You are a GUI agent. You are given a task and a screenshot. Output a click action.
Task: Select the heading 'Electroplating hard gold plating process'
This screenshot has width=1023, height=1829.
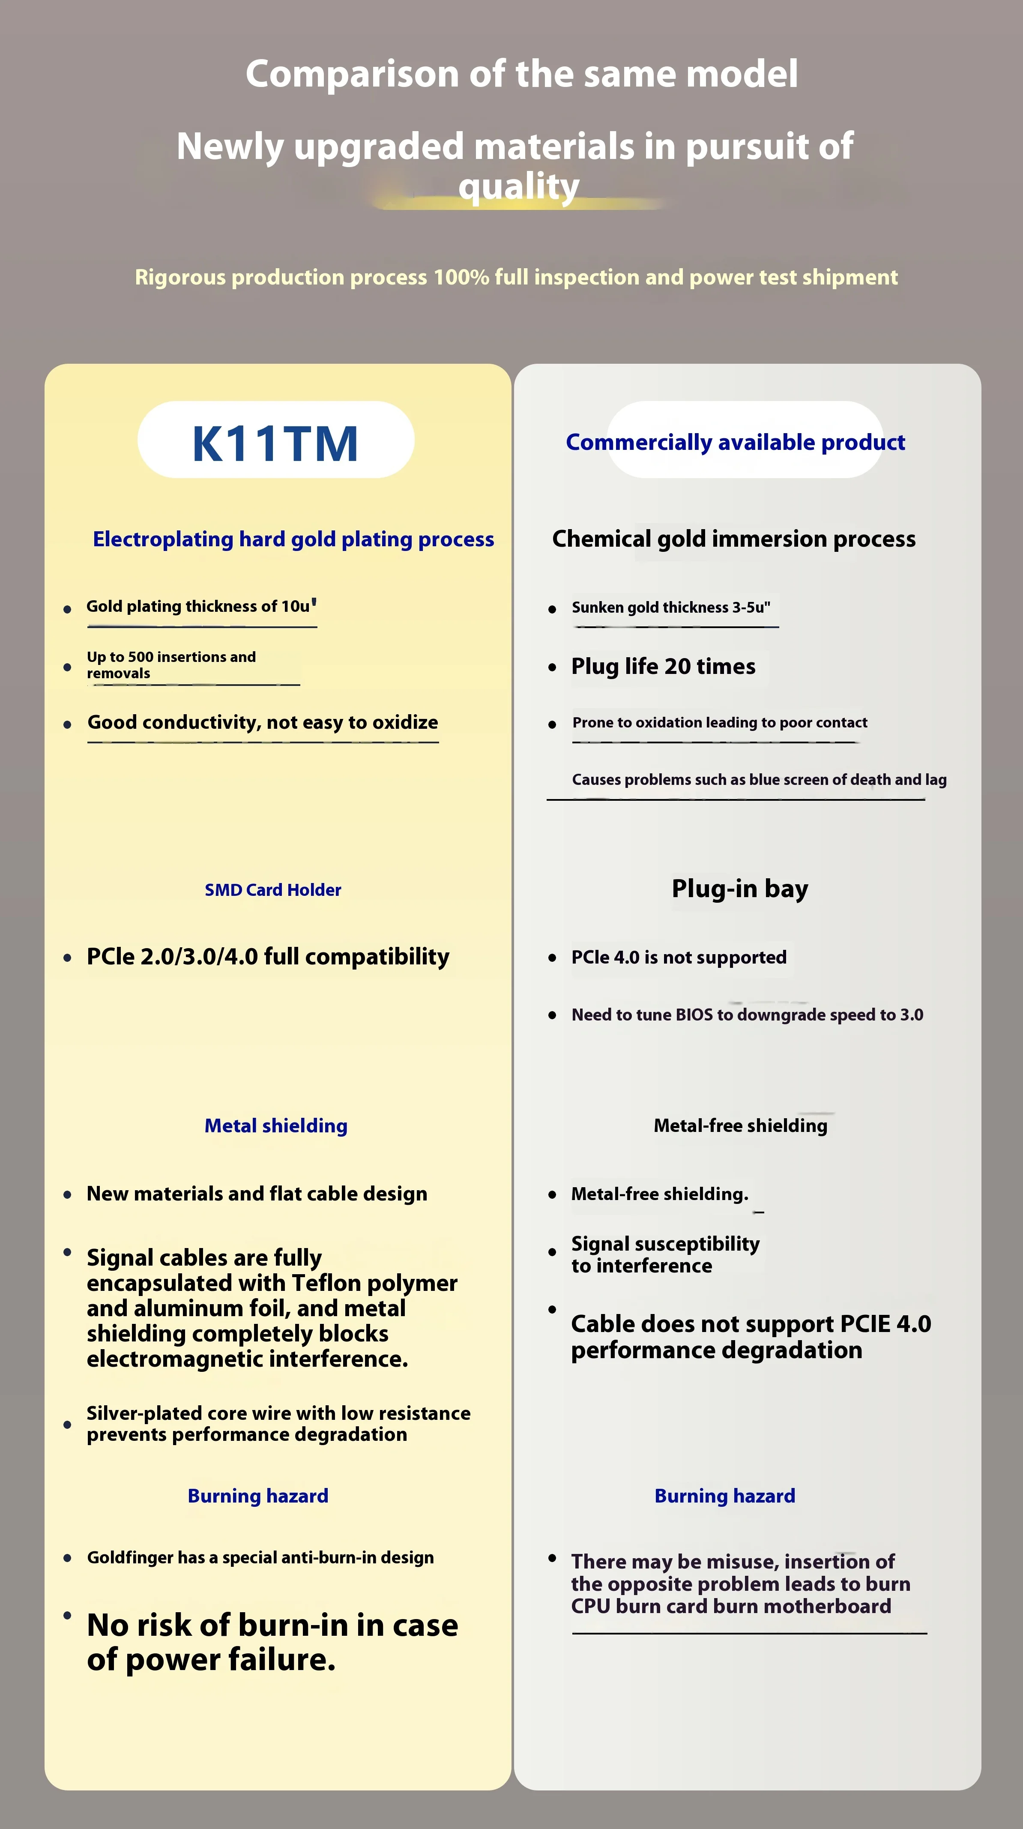(293, 539)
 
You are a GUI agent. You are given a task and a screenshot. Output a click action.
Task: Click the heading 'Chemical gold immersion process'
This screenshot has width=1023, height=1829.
(733, 539)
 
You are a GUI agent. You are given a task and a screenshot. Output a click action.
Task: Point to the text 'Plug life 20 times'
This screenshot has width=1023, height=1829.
(663, 667)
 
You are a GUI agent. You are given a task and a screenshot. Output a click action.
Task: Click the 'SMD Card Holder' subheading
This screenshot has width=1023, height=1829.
(272, 889)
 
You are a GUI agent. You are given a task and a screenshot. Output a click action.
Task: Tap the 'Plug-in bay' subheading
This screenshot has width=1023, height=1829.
(740, 888)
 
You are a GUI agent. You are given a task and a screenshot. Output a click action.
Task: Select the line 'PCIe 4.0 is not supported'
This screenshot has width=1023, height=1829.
(679, 957)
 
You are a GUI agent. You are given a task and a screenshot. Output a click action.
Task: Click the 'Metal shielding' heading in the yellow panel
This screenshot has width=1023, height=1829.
(275, 1126)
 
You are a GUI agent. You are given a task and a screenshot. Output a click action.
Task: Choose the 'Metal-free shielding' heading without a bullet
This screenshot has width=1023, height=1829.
(740, 1126)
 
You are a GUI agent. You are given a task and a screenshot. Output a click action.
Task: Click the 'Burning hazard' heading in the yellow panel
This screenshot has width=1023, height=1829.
(258, 1496)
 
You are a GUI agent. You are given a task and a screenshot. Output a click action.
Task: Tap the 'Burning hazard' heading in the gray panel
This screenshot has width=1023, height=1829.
(724, 1496)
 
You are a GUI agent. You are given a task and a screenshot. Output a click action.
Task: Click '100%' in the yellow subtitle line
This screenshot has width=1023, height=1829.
(461, 277)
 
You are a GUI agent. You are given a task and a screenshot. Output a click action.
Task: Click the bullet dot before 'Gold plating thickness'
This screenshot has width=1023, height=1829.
(67, 609)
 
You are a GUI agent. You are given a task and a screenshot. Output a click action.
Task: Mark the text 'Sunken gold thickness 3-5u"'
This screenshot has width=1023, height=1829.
(670, 608)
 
